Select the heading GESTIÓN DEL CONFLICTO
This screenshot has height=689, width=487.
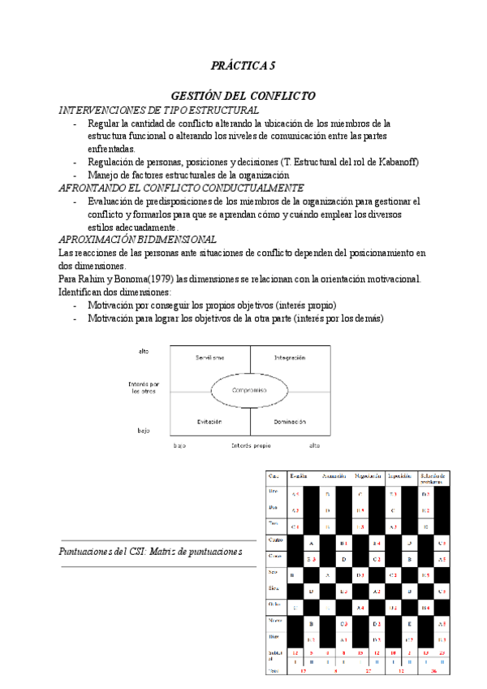pyautogui.click(x=243, y=96)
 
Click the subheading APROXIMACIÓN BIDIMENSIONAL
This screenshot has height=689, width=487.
pyautogui.click(x=138, y=240)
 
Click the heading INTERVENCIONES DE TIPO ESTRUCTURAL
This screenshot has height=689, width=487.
pyautogui.click(x=159, y=110)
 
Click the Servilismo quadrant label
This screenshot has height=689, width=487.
pyautogui.click(x=210, y=358)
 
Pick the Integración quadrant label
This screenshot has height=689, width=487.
pyautogui.click(x=290, y=358)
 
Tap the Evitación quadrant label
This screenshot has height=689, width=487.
pyautogui.click(x=209, y=422)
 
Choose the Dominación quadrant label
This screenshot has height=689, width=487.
pyautogui.click(x=290, y=422)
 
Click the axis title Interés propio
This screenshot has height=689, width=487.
pyautogui.click(x=251, y=445)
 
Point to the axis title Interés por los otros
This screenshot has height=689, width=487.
pyautogui.click(x=144, y=387)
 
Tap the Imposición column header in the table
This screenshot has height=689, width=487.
pyautogui.click(x=403, y=476)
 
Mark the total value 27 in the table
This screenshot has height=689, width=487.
pyautogui.click(x=368, y=670)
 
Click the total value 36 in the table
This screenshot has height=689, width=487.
pyautogui.click(x=434, y=670)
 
